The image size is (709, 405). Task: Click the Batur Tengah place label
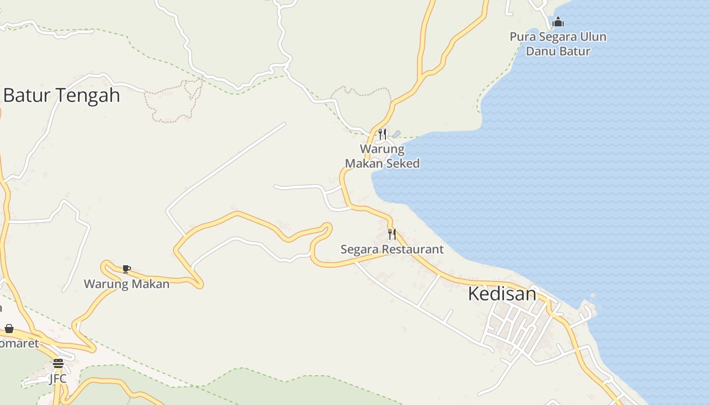coord(61,95)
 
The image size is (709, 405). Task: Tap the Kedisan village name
coord(502,294)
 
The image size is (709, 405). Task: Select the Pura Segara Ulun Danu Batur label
coord(558,44)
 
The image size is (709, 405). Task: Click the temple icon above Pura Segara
coord(558,22)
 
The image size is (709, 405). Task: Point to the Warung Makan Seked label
coord(382,156)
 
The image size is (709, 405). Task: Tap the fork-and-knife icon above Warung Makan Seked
coord(382,134)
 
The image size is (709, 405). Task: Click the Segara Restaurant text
coord(391,249)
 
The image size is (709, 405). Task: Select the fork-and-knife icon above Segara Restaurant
coord(392,234)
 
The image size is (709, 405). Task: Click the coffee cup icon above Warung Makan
coord(126,269)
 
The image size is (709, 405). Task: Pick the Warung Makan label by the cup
coord(127,284)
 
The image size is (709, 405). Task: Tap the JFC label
coord(58,379)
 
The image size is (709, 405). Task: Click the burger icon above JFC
coord(58,363)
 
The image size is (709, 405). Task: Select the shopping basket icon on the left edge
coord(9,329)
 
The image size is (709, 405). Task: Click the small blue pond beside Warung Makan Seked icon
coord(397,134)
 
